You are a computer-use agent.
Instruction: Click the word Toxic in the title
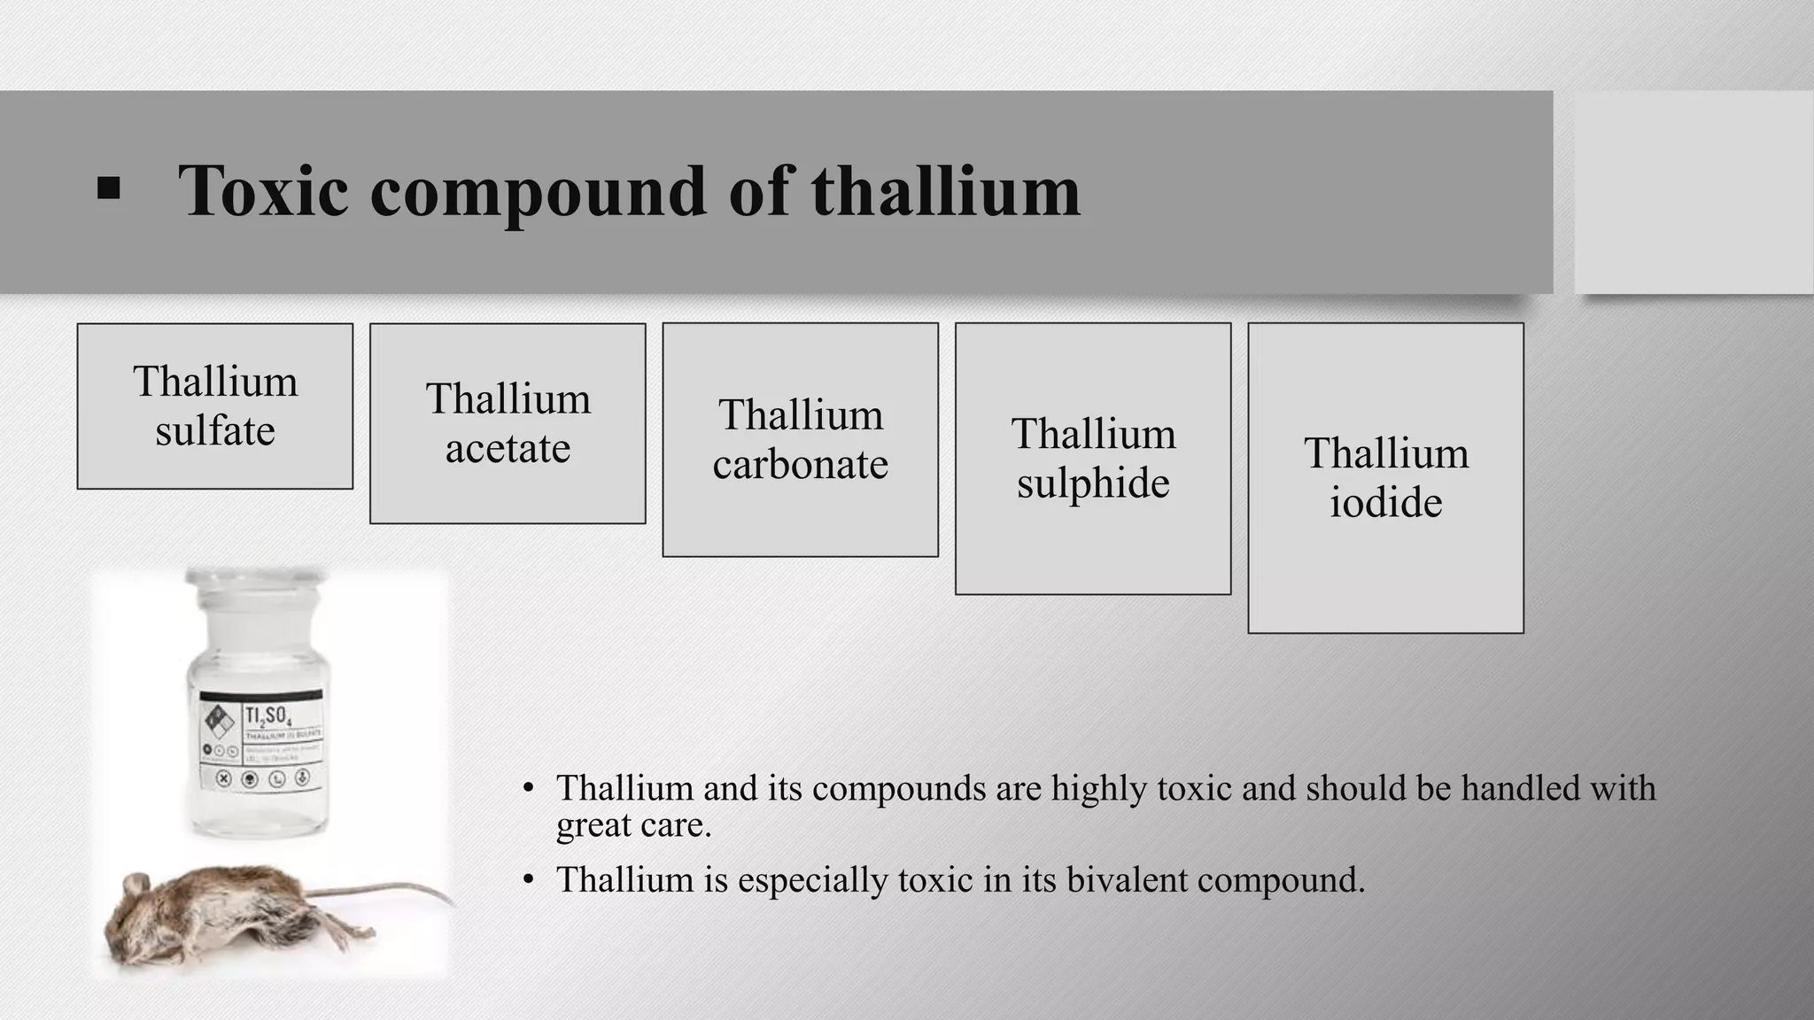(x=263, y=190)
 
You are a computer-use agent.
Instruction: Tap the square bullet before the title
(x=108, y=189)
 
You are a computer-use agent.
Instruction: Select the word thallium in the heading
(x=945, y=190)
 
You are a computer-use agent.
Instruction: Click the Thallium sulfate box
(x=215, y=406)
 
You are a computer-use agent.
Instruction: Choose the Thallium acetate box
(x=508, y=423)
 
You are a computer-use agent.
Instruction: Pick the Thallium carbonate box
(x=800, y=439)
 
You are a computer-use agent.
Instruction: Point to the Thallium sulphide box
(x=1093, y=458)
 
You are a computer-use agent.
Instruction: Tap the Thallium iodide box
(x=1385, y=477)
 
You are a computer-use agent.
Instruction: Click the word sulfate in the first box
(x=215, y=431)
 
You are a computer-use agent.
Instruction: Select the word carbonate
(x=800, y=465)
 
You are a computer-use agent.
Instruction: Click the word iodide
(x=1385, y=503)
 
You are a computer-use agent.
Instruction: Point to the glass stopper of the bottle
(x=255, y=588)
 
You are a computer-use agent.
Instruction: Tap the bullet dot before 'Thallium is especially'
(x=529, y=879)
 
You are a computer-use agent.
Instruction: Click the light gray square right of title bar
(x=1693, y=192)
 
